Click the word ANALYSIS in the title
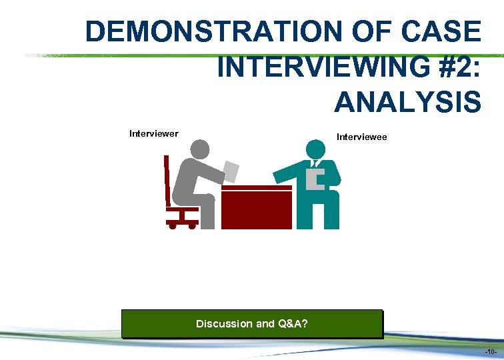(407, 103)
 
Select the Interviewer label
(153, 133)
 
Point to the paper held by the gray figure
(231, 171)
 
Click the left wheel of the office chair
(172, 226)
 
